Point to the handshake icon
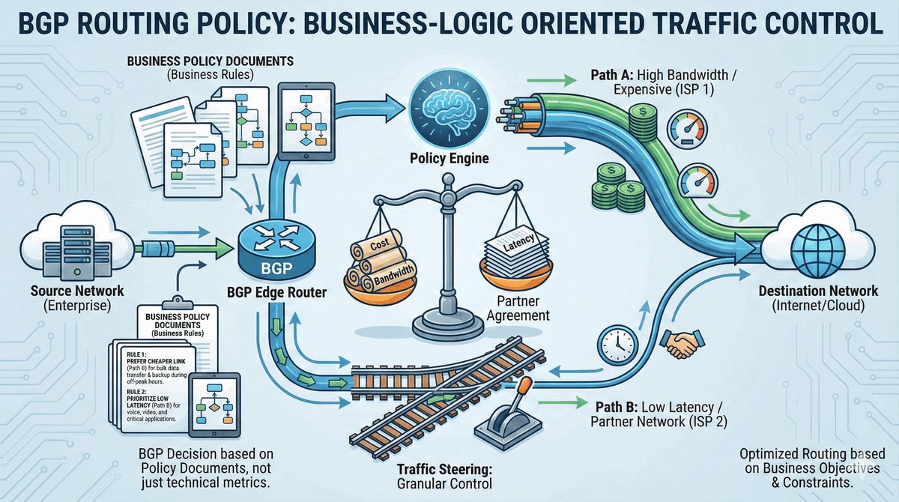click(682, 345)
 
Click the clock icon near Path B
click(617, 344)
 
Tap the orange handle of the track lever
click(524, 388)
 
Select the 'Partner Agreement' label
click(517, 308)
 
